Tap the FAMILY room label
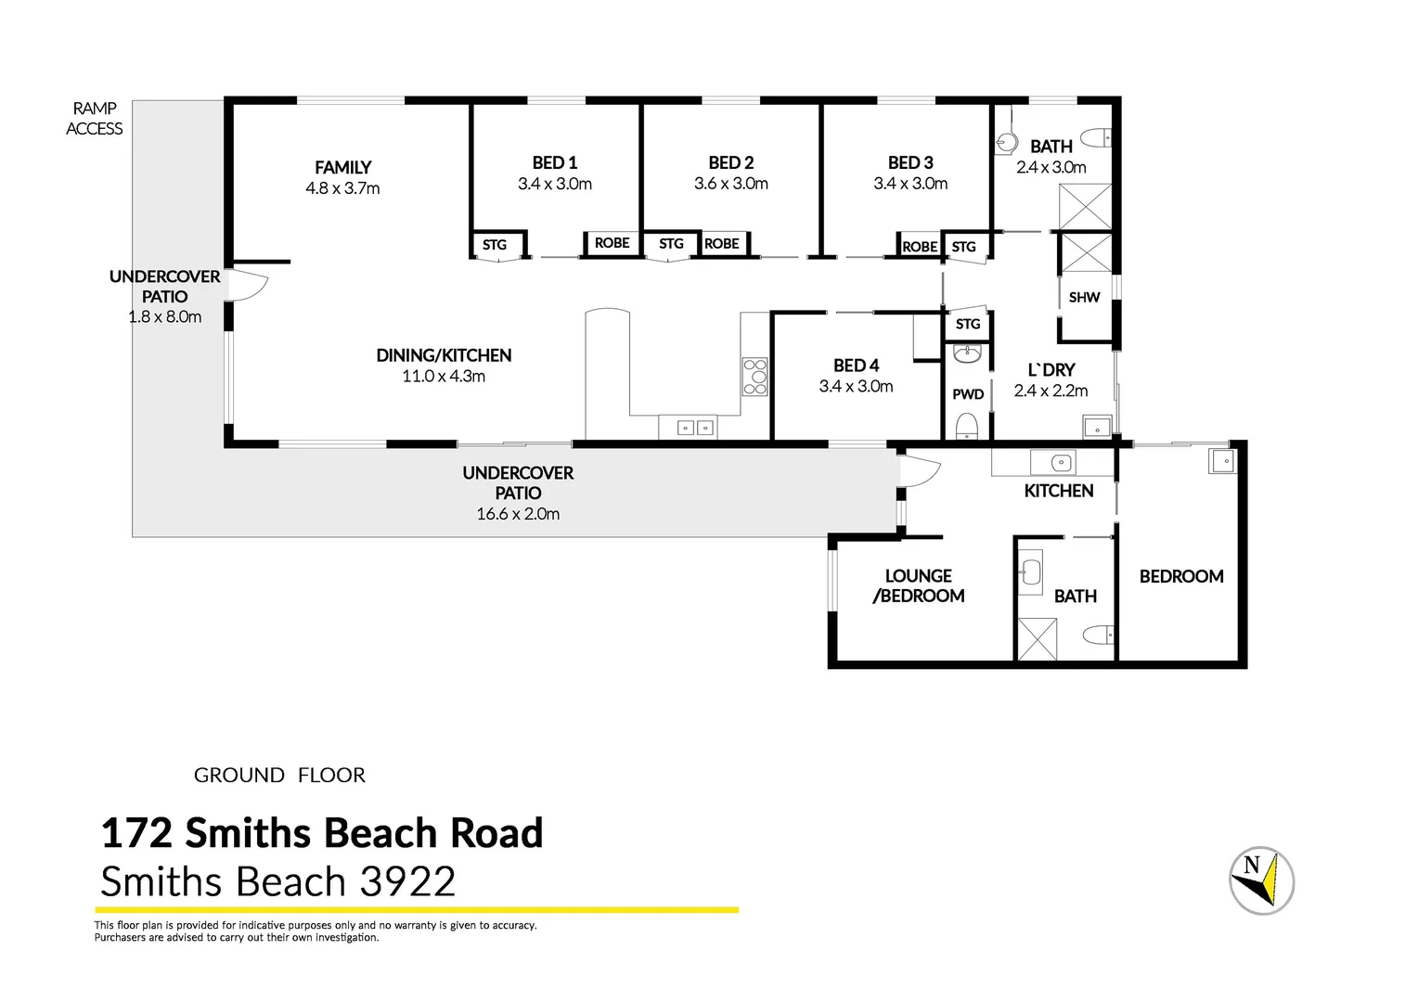(x=342, y=167)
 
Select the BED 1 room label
(x=554, y=162)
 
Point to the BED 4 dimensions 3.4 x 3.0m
(x=856, y=387)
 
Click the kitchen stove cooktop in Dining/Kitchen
(x=754, y=377)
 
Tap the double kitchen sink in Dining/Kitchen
(x=695, y=428)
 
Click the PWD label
(x=968, y=394)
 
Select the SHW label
(x=1084, y=298)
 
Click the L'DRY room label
(x=1051, y=369)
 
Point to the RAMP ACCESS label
(x=94, y=119)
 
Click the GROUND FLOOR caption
(x=279, y=775)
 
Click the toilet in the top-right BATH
(x=1097, y=138)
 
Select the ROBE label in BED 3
(x=920, y=247)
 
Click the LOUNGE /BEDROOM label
(x=918, y=586)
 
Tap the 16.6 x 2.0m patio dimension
(x=518, y=514)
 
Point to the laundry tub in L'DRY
(x=1097, y=428)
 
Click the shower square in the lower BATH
(x=1037, y=639)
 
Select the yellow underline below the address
(x=418, y=910)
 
